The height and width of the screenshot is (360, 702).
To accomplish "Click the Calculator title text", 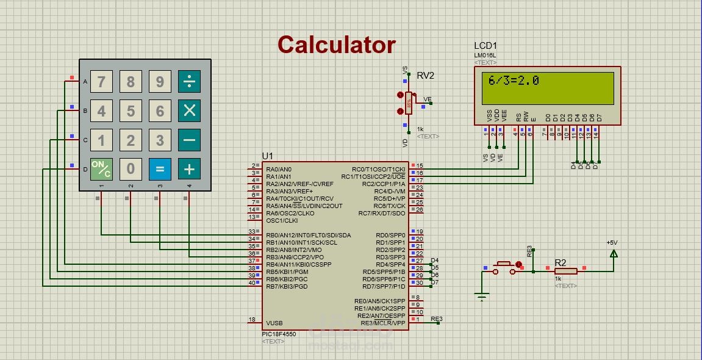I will click(337, 45).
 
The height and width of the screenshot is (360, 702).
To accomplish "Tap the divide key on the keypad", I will click(189, 81).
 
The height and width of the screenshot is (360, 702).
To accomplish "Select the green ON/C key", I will click(101, 168).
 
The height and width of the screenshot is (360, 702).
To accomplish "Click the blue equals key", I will click(160, 168).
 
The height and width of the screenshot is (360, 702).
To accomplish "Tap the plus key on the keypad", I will click(189, 168).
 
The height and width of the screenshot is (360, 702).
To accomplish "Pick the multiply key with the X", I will click(189, 110).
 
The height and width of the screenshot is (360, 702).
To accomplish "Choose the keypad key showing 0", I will click(131, 168).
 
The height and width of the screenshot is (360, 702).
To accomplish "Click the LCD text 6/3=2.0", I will click(514, 81).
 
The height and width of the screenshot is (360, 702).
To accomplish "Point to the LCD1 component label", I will click(485, 46).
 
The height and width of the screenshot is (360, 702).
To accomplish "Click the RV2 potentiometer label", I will click(426, 76).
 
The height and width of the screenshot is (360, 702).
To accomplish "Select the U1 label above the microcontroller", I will click(268, 156).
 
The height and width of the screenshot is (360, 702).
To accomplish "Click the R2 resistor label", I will click(561, 263).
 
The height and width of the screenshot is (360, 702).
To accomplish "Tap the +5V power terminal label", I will click(612, 243).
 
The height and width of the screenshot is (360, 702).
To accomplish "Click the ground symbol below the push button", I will click(482, 297).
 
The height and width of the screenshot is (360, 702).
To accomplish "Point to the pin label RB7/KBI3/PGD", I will click(287, 286).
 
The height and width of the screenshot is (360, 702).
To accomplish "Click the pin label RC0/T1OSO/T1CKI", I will click(378, 170).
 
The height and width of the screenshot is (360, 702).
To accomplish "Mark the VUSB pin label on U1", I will click(274, 323).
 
